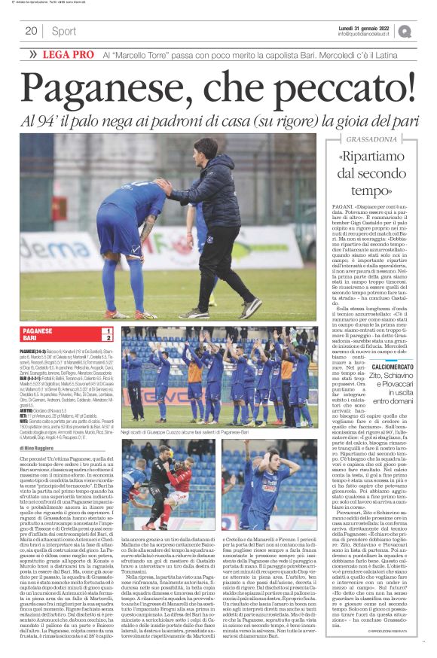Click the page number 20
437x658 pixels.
pos(31,31)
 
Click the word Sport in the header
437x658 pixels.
pos(63,31)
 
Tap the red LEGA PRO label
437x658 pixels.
pos(69,55)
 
